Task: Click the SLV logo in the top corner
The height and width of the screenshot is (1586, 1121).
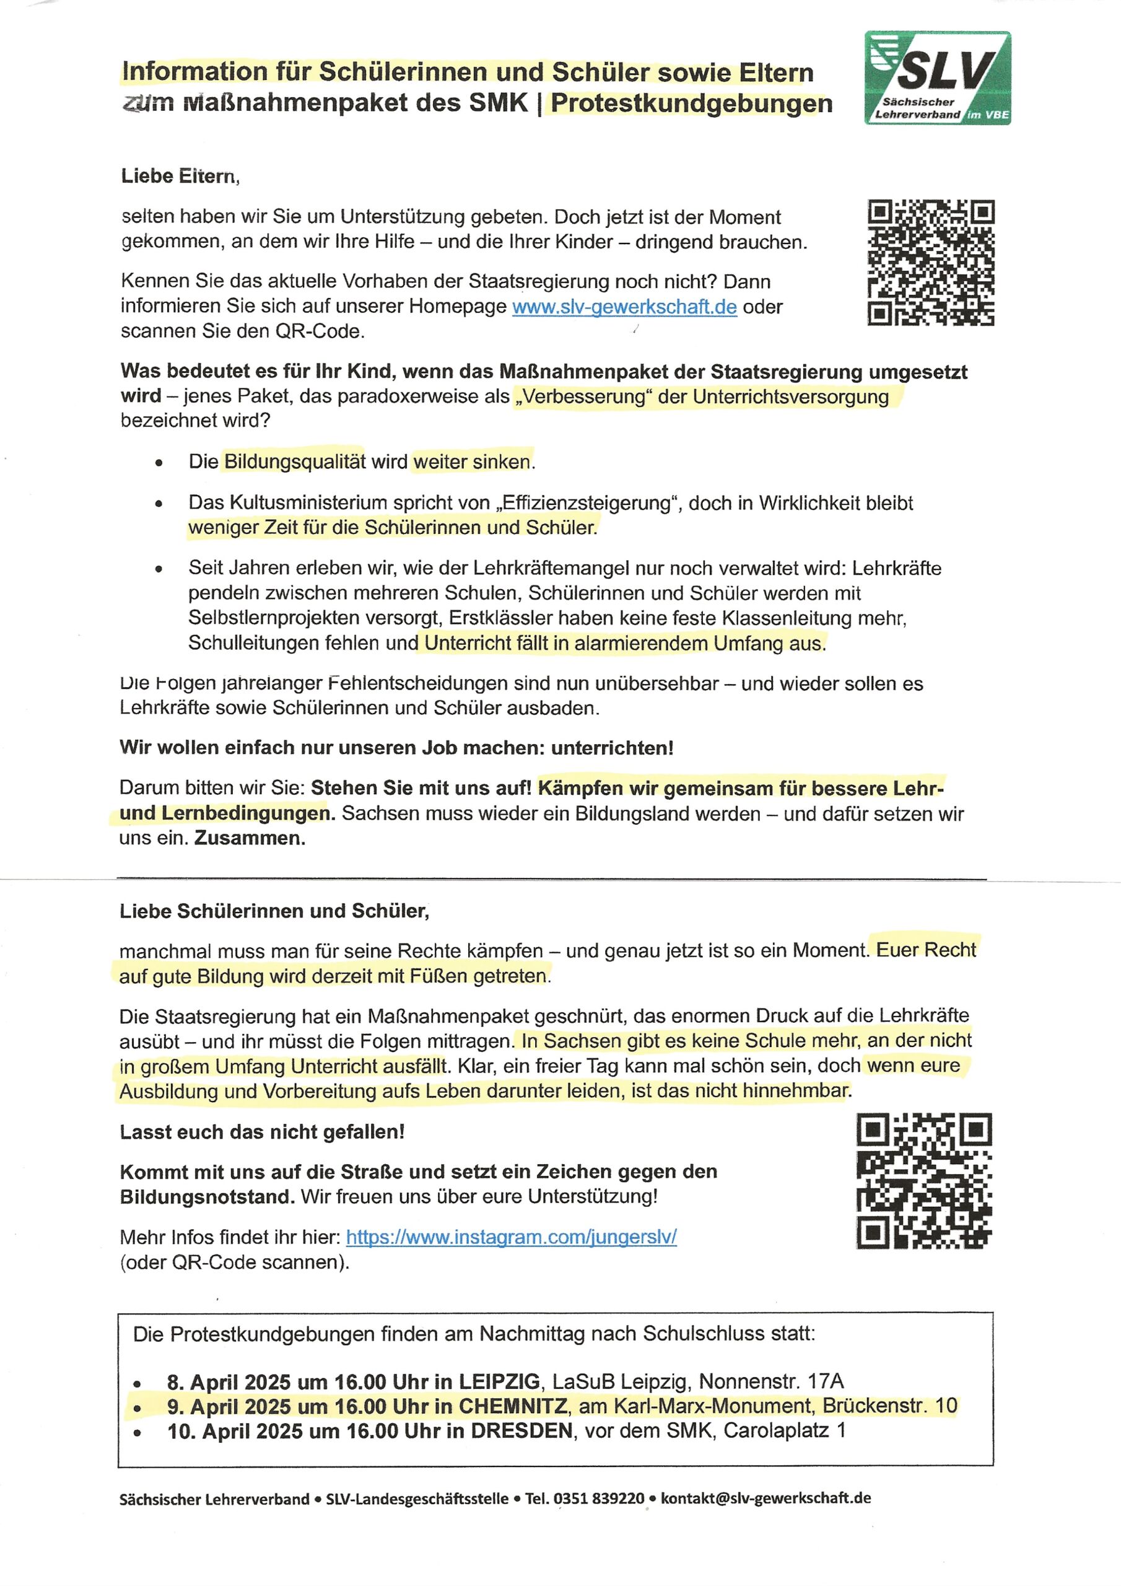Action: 937,77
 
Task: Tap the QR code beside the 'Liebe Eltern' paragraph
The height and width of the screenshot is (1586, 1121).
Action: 930,263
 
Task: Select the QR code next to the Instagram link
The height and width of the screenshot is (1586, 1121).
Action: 924,1181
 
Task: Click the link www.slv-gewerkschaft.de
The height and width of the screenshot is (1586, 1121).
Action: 624,307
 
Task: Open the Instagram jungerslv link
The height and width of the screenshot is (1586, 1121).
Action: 511,1237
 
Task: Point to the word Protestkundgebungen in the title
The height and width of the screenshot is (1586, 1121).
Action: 691,103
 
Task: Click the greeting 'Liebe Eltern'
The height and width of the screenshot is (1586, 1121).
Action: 180,176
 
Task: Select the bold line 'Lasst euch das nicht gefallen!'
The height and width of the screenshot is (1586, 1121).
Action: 262,1132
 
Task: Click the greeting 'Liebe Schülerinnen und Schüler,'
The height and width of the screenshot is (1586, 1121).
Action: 274,911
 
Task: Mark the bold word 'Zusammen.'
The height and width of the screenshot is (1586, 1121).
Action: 250,838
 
